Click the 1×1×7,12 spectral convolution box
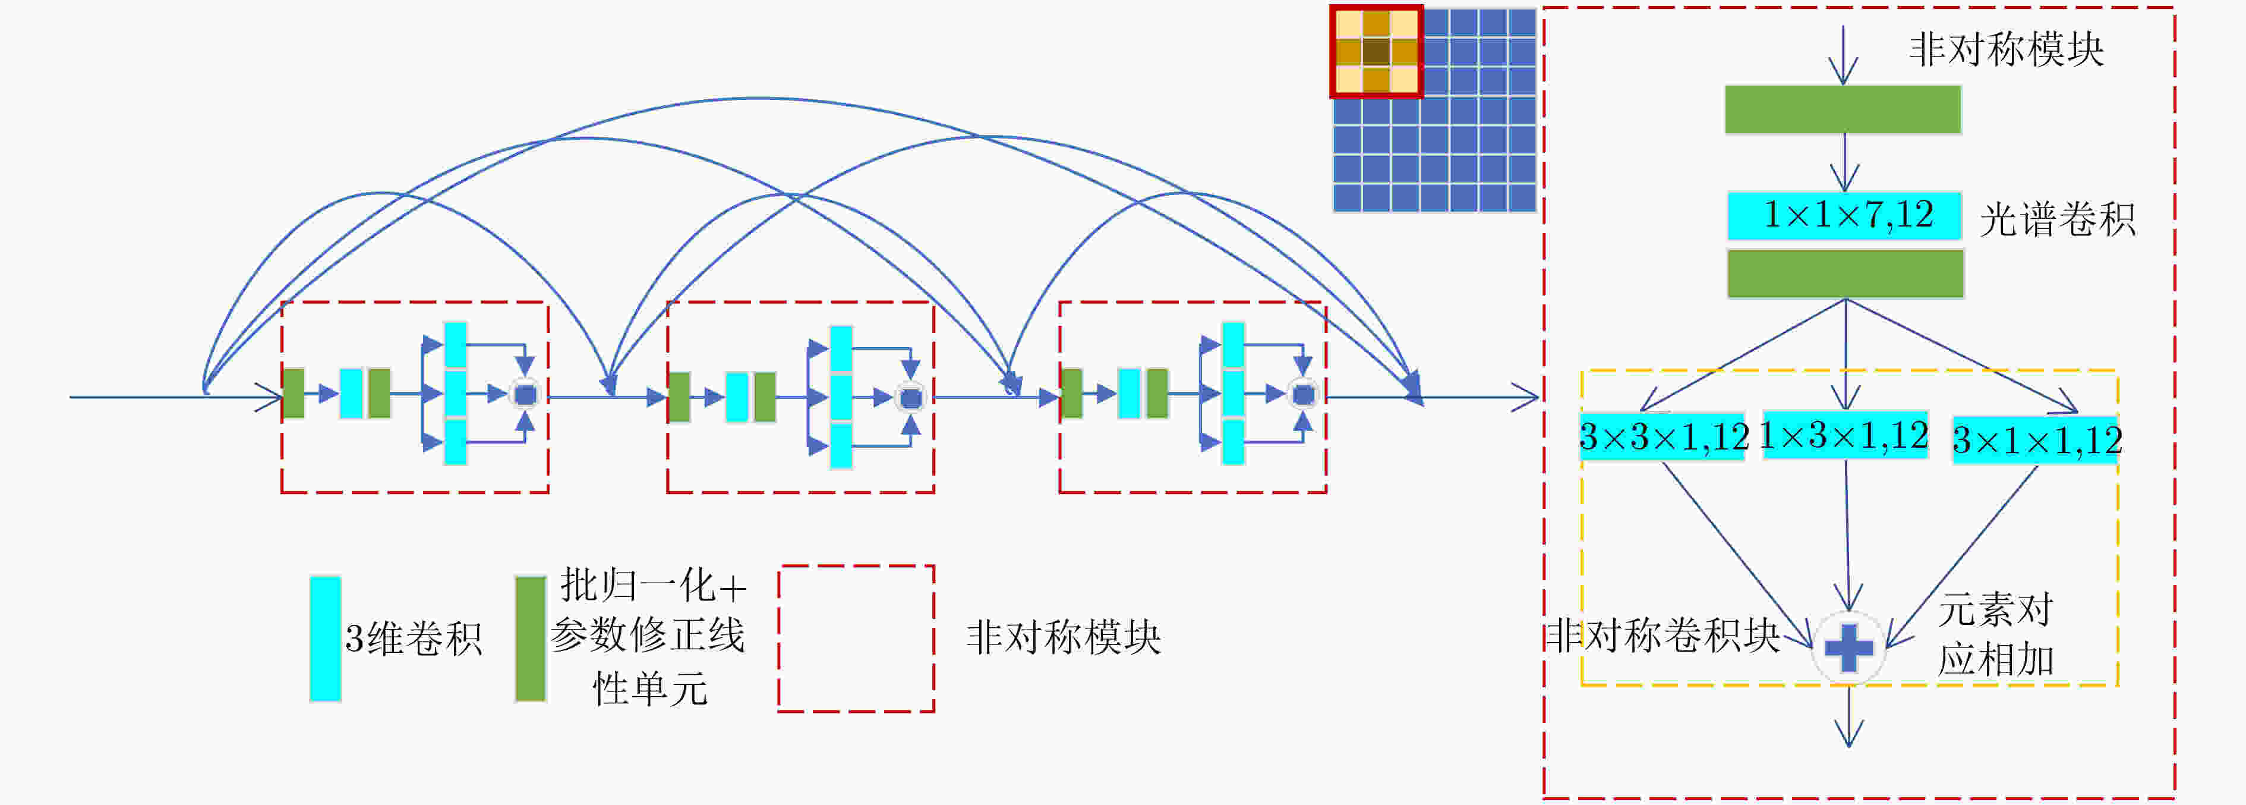coord(1844,215)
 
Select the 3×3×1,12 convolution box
coord(1663,436)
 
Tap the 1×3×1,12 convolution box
coord(1845,435)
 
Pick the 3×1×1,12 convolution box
coord(2035,439)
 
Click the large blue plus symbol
coord(1848,647)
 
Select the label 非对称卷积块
coord(1663,635)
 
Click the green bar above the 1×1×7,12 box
coord(1843,109)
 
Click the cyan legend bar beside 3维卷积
coord(325,639)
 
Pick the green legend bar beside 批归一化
coord(530,639)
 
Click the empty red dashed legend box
coord(856,565)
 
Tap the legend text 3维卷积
coord(414,639)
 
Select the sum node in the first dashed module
coord(525,395)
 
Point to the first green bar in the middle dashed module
coord(679,396)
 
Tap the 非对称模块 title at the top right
coord(2006,49)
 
